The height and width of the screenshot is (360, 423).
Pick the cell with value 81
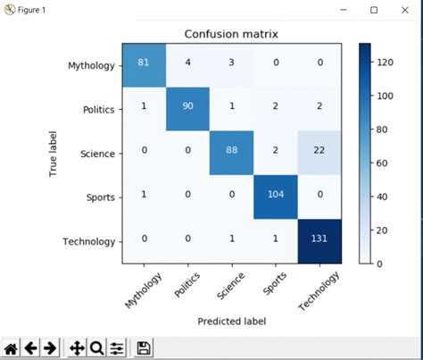(x=144, y=66)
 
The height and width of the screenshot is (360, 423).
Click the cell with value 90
(x=187, y=110)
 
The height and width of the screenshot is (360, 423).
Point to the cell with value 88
(x=232, y=154)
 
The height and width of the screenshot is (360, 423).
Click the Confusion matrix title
(x=231, y=35)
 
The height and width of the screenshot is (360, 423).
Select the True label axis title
(x=55, y=154)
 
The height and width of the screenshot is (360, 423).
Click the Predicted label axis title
(x=231, y=320)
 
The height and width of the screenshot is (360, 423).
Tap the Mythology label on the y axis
(x=91, y=66)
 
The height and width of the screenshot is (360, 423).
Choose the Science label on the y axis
(x=97, y=154)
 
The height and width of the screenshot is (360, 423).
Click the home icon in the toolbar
(x=12, y=347)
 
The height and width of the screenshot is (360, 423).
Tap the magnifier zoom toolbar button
(x=96, y=347)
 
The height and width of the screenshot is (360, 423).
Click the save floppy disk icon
(x=144, y=347)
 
